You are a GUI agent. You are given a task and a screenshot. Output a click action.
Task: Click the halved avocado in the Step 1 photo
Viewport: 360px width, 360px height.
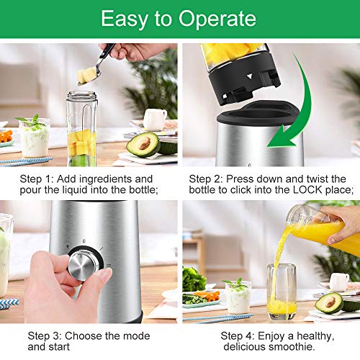pos(143,145)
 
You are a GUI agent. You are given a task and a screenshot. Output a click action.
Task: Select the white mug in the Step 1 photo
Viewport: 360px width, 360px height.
pos(155,119)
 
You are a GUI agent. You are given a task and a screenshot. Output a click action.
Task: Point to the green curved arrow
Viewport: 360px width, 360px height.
pos(302,108)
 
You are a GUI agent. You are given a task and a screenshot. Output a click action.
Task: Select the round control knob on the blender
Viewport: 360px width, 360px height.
pos(84,264)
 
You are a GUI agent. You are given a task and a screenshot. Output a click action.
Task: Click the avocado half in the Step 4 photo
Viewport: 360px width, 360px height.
pos(330,302)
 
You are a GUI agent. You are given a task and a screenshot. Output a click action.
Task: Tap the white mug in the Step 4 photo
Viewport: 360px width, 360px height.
pos(339,282)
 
